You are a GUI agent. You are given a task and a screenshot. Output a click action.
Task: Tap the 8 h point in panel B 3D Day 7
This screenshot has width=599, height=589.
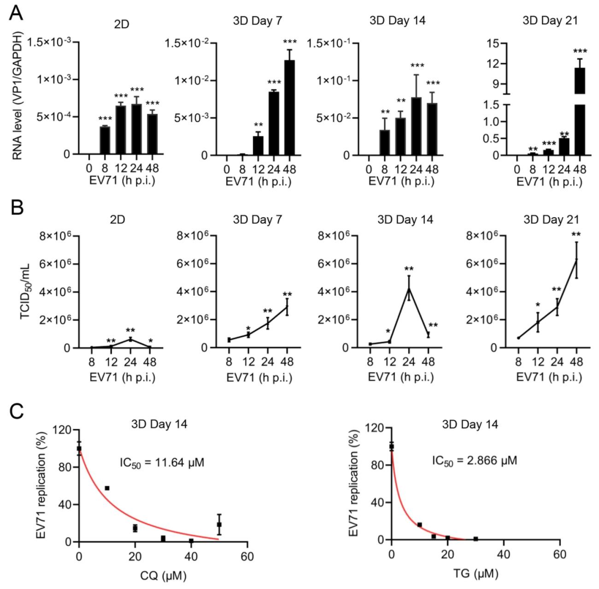coord(229,340)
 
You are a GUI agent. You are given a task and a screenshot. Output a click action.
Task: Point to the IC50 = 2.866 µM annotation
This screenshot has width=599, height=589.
coord(474,460)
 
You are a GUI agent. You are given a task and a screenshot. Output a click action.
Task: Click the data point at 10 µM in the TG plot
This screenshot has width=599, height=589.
coord(419,525)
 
